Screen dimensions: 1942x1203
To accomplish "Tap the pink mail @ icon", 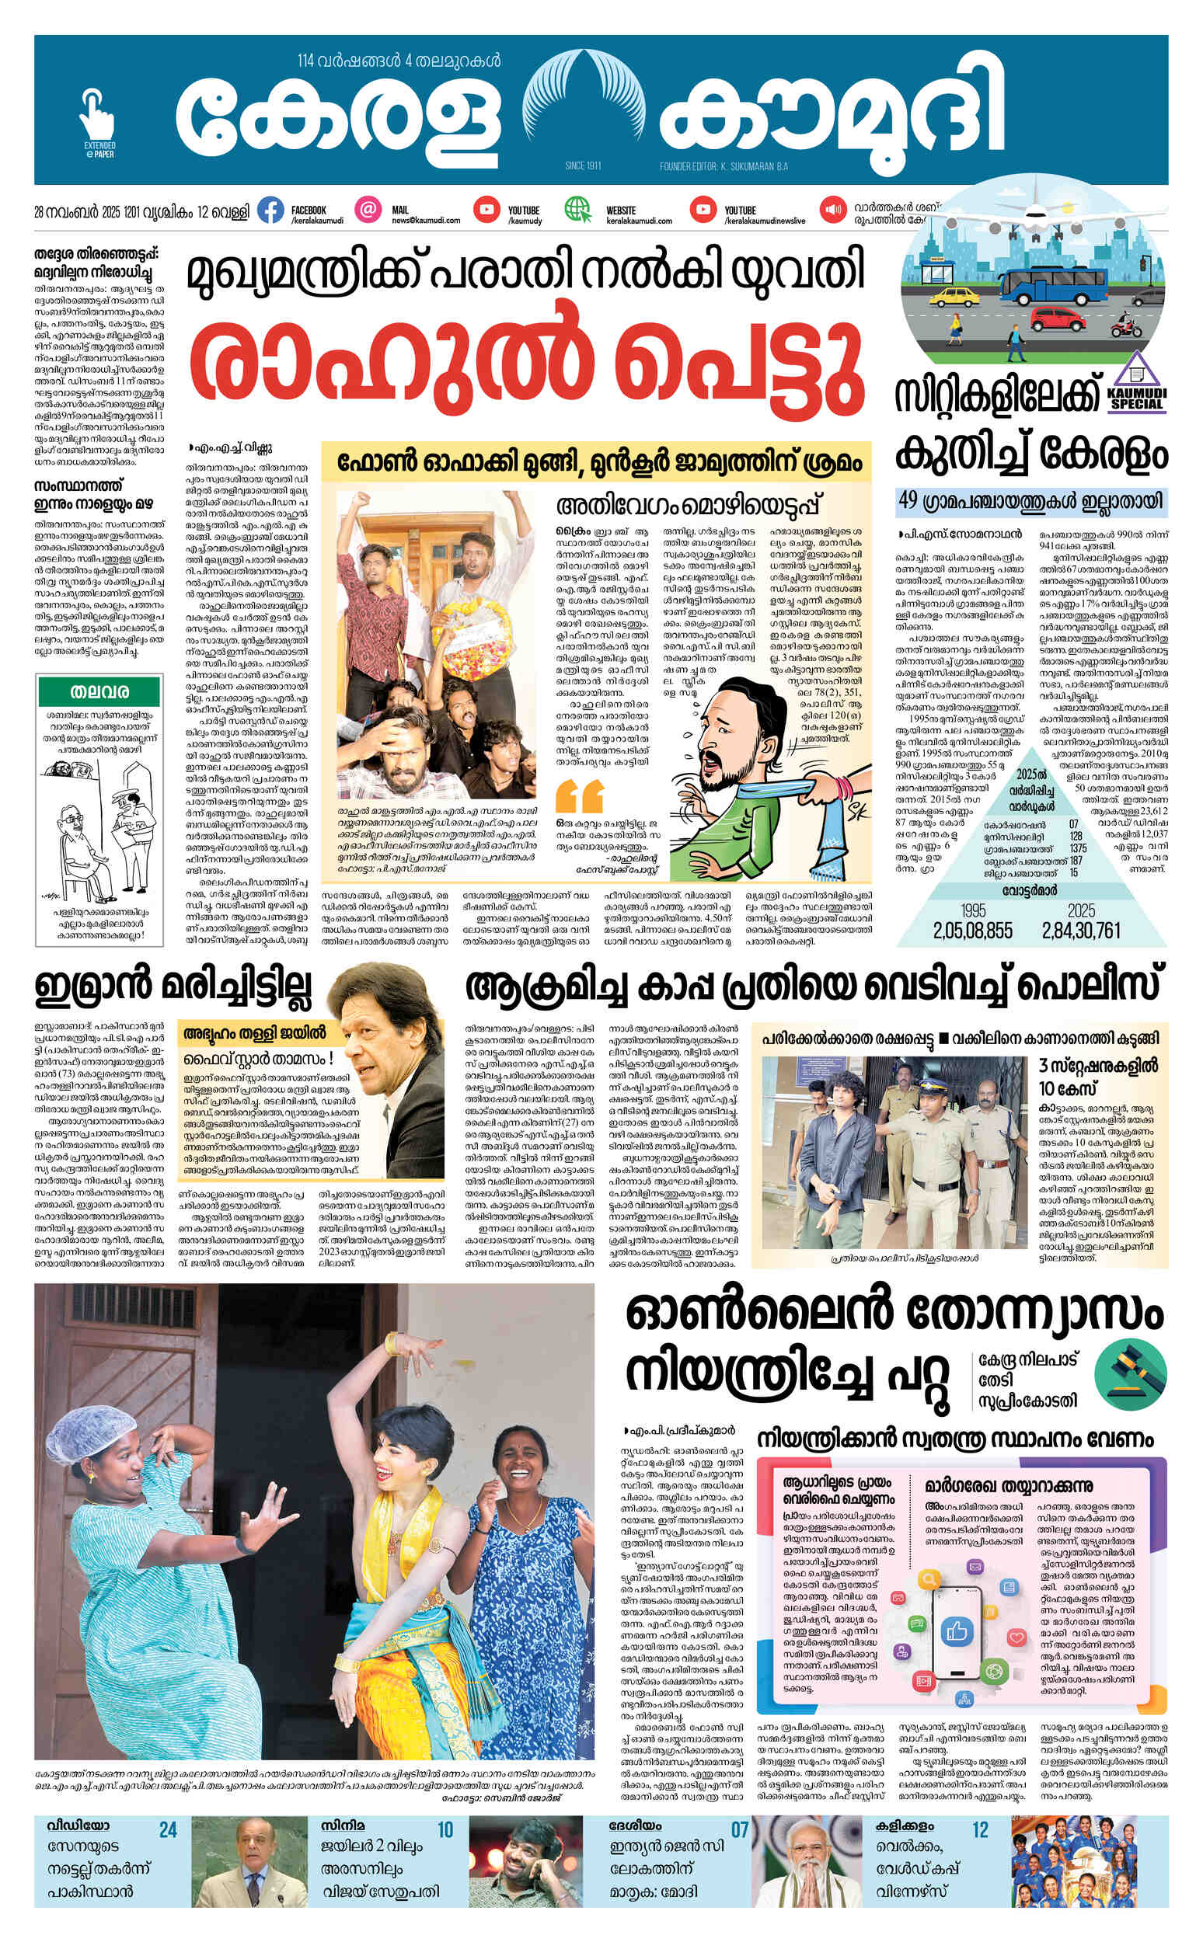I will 368,210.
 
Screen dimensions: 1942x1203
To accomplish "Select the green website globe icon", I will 576,210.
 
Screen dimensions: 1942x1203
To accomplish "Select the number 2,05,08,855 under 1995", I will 973,930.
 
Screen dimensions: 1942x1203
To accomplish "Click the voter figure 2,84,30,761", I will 1081,930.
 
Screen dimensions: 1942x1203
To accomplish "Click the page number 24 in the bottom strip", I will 168,1830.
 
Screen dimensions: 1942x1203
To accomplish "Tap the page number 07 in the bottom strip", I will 740,1830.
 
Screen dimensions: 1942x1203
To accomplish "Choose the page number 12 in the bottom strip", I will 979,1830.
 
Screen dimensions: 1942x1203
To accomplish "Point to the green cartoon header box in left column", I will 99,691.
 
